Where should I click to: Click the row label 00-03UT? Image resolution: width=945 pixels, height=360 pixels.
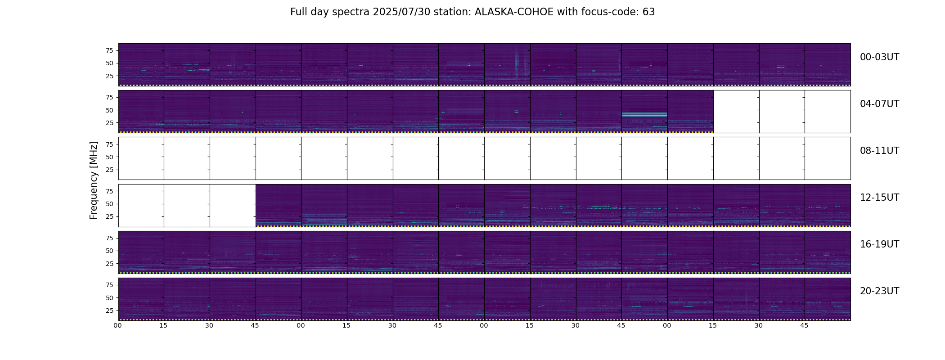tap(879, 57)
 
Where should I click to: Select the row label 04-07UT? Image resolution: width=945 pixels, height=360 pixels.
tap(879, 104)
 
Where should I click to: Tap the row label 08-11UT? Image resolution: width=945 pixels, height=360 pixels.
tap(879, 151)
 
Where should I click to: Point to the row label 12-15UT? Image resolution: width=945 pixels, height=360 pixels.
tap(879, 198)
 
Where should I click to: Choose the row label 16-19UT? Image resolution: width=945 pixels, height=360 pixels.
tap(879, 244)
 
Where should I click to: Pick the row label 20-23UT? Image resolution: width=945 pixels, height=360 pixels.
tap(879, 291)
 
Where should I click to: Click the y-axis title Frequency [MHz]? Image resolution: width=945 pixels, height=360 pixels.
tap(94, 180)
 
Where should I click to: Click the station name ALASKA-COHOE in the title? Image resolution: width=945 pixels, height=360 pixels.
tap(514, 12)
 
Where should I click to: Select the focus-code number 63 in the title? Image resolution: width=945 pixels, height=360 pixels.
tap(648, 12)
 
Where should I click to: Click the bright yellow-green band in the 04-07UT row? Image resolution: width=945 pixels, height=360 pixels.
tap(644, 115)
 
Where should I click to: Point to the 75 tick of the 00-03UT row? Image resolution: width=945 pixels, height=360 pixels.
tap(109, 50)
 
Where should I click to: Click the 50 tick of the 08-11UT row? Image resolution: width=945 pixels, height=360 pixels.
tap(109, 157)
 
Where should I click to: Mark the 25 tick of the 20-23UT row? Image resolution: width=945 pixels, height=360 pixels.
tap(109, 310)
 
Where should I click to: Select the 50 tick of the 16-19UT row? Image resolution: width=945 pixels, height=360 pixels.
tap(109, 251)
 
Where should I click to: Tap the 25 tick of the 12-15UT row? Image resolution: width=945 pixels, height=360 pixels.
tap(109, 216)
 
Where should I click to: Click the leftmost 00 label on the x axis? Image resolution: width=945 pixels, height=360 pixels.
tap(118, 326)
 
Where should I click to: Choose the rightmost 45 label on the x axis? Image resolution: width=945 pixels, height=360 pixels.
tap(805, 326)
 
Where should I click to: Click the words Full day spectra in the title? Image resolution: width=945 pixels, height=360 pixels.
tap(330, 12)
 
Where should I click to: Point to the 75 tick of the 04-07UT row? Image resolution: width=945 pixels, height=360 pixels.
tap(109, 97)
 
